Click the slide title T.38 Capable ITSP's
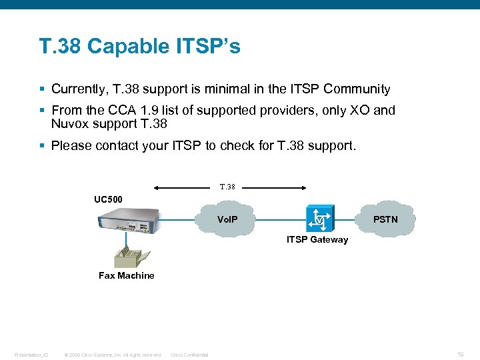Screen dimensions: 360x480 click(x=139, y=46)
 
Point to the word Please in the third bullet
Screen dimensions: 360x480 click(x=71, y=145)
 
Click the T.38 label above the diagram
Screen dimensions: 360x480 click(x=227, y=187)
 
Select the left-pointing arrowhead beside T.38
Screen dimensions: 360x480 click(x=155, y=187)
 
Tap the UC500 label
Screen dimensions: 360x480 click(x=108, y=199)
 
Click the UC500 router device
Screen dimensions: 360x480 click(x=129, y=221)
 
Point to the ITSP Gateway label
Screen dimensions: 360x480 click(x=317, y=240)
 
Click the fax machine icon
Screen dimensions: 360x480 click(x=126, y=255)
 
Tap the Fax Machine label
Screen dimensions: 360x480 click(x=126, y=275)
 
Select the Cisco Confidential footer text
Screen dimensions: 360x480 click(x=189, y=355)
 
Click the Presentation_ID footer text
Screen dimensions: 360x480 click(x=31, y=355)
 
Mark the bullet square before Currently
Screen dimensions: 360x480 click(x=42, y=89)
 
